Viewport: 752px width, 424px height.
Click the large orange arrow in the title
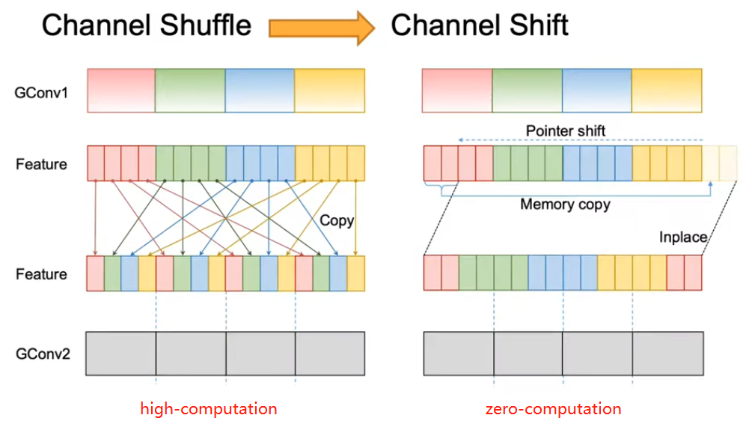pos(321,28)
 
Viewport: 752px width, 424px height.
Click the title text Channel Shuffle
pos(146,25)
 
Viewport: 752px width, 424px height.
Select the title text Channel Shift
pos(480,25)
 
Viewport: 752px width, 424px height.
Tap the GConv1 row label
pos(41,92)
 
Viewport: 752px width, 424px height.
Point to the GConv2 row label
pos(43,354)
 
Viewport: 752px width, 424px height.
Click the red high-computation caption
pos(209,408)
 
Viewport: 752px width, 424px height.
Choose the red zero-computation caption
pos(554,408)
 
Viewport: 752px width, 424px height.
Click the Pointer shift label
pos(566,130)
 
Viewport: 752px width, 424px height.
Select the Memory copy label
pos(566,205)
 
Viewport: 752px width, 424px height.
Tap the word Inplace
pos(683,237)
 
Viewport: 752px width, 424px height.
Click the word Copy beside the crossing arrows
pos(337,220)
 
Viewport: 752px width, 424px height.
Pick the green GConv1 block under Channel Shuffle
pos(190,91)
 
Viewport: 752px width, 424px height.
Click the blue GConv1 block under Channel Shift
pos(597,91)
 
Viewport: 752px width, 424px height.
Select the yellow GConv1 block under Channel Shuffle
pos(329,91)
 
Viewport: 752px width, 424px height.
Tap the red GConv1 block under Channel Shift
pos(457,91)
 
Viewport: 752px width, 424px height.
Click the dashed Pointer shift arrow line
pos(581,140)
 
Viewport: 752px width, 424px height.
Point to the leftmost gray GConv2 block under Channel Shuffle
pos(121,354)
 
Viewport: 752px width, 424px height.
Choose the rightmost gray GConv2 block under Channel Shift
pos(668,354)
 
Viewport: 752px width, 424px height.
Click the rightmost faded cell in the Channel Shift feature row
pos(728,163)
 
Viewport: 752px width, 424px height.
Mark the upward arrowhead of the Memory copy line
pos(710,184)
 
